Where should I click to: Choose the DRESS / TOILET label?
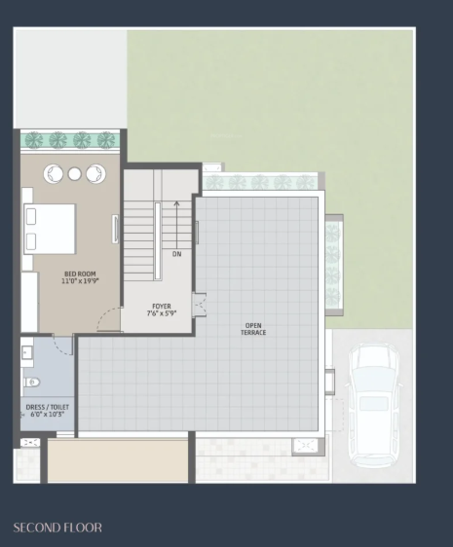(47, 407)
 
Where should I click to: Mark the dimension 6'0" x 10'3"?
(47, 416)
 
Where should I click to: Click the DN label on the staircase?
(176, 254)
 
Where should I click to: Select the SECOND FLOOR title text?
(57, 528)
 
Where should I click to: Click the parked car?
(371, 400)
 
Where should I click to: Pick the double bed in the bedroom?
(50, 229)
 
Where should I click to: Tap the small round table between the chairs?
(74, 174)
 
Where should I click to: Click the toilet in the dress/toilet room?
(32, 383)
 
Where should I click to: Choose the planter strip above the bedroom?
(70, 140)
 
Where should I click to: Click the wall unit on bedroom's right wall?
(116, 228)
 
